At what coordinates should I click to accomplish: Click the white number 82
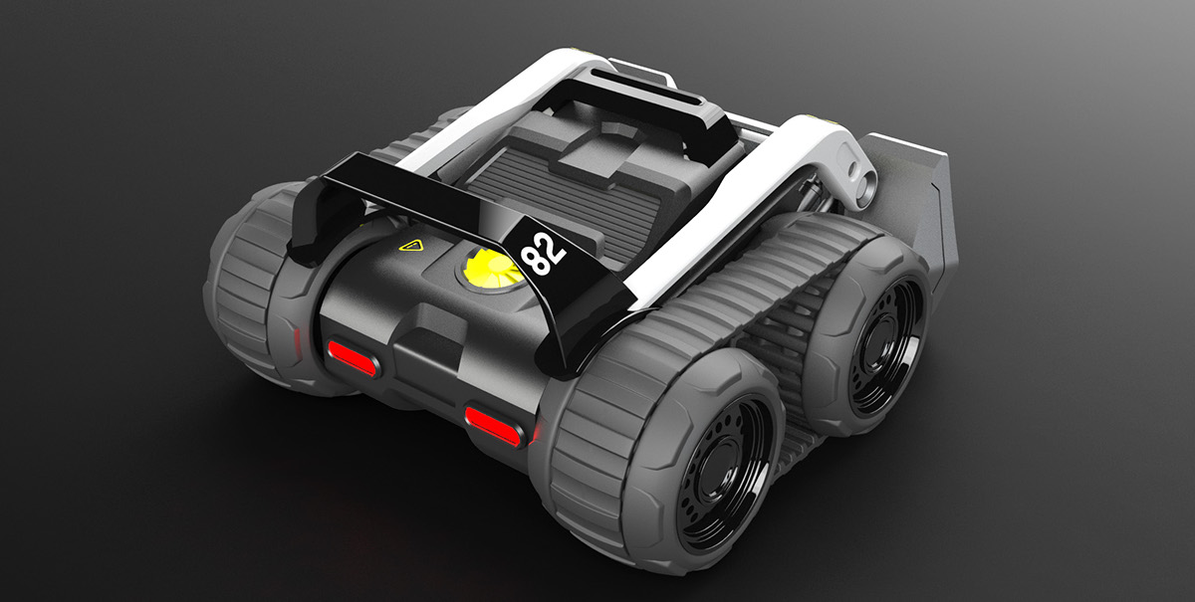tap(544, 251)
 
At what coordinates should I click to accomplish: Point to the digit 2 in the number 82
tap(554, 242)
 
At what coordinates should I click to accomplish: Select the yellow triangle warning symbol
tap(408, 245)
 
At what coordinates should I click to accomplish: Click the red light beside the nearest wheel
tap(494, 422)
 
